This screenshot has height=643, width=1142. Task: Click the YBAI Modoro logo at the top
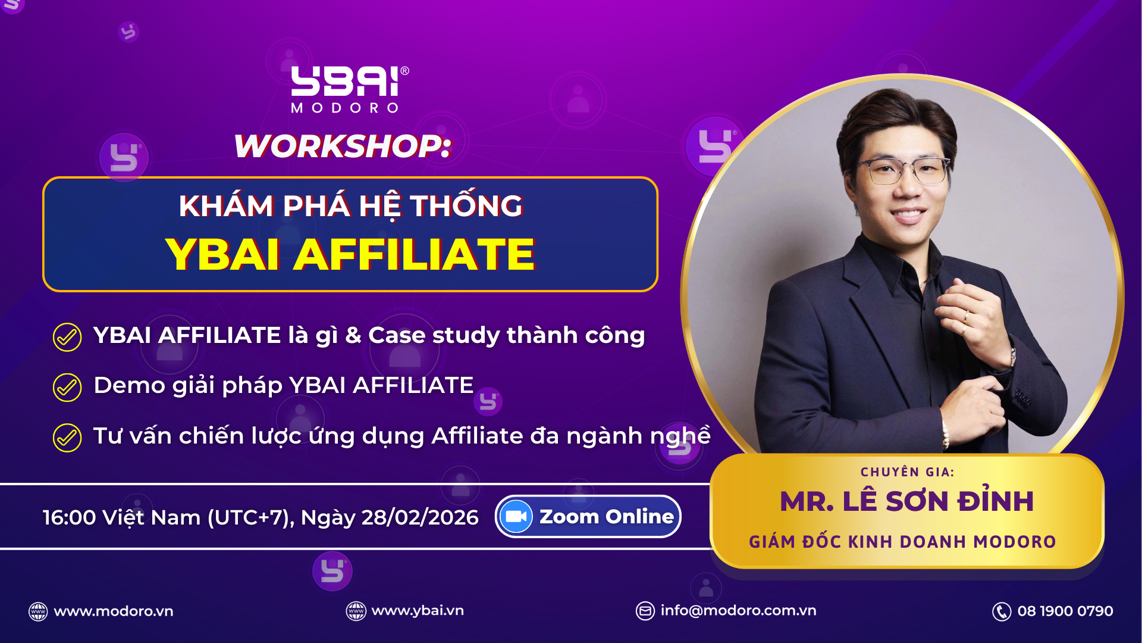[x=350, y=89]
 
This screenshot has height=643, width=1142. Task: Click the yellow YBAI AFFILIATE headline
[x=350, y=254]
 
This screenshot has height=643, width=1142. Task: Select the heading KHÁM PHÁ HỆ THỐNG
[x=350, y=206]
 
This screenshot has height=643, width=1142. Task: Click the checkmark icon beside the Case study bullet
[x=67, y=337]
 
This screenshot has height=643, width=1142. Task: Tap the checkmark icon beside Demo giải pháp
[x=67, y=388]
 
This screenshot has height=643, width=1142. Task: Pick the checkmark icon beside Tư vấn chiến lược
[x=67, y=438]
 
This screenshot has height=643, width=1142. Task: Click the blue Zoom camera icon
[x=516, y=517]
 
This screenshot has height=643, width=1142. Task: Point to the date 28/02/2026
[x=420, y=517]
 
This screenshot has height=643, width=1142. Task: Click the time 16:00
[x=69, y=517]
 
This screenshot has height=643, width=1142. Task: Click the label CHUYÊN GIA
[x=907, y=472]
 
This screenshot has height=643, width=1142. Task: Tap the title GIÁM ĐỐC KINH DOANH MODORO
[x=902, y=542]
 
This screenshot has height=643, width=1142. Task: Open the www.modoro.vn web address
[x=114, y=611]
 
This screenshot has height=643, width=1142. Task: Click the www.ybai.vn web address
[x=418, y=611]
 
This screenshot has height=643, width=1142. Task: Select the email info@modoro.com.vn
[x=738, y=611]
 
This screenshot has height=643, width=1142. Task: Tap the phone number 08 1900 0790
[x=1065, y=611]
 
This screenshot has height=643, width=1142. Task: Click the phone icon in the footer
[x=1002, y=611]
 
